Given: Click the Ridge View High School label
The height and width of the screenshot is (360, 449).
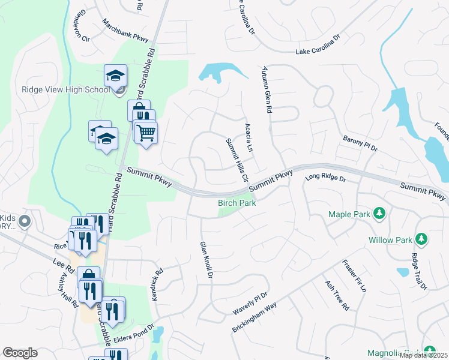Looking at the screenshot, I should tap(65, 89).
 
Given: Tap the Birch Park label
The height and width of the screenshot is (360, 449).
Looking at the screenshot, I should tap(237, 203).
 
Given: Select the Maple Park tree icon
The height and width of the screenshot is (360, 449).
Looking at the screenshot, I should tap(379, 213).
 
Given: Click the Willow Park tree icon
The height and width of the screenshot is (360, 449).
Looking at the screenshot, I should tap(421, 239).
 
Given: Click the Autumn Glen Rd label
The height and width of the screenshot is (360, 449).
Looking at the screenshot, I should tap(267, 91).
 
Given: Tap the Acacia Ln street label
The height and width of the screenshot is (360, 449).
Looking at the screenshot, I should tap(249, 138).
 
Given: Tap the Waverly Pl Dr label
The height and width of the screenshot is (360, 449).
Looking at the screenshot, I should tap(250, 304).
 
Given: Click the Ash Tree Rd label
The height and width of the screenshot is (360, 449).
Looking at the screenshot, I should tap(337, 295).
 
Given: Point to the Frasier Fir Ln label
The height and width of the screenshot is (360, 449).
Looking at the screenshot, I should tap(354, 276).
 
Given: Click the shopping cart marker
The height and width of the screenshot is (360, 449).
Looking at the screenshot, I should tap(146, 133).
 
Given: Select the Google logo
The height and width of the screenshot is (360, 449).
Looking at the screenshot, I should tap(20, 353).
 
